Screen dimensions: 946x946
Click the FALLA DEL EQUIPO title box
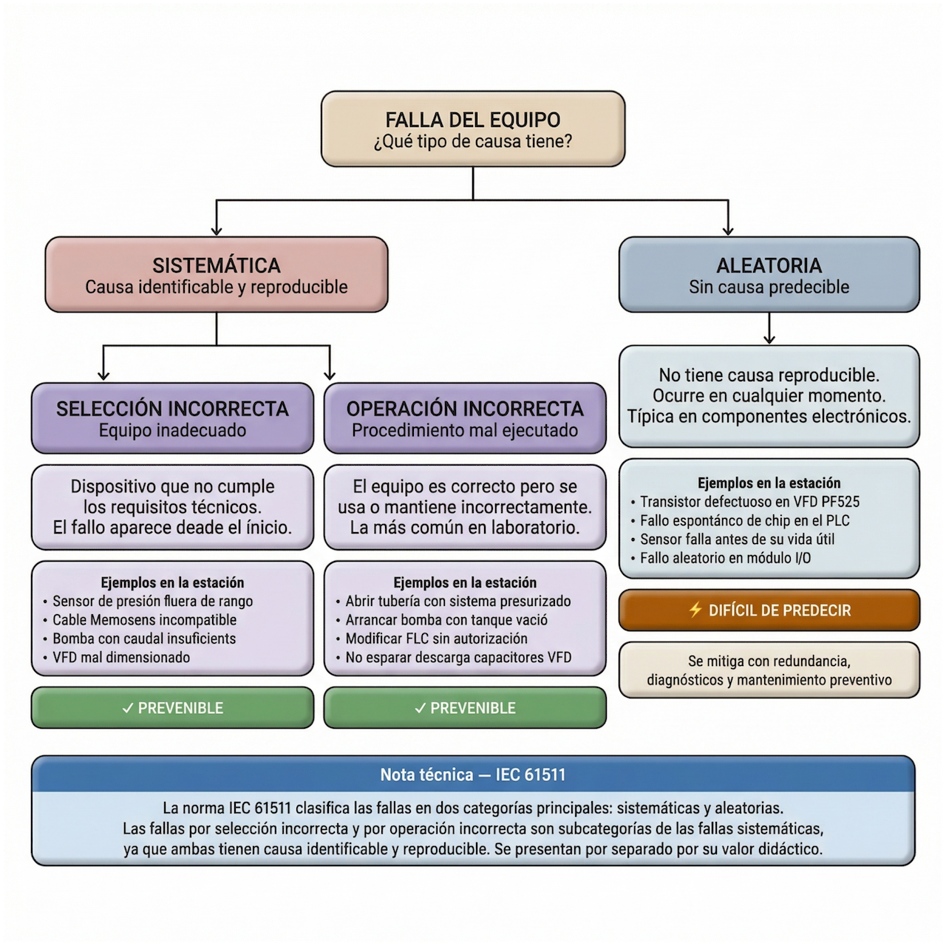tap(473, 129)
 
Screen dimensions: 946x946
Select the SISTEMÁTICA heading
tap(217, 265)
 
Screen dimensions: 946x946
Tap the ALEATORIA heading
tap(769, 265)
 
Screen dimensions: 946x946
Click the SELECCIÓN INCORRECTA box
tap(172, 418)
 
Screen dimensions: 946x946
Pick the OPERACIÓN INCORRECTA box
tap(465, 418)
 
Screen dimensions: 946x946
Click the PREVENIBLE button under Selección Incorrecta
tap(172, 708)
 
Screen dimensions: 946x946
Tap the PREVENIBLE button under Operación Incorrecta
tap(465, 708)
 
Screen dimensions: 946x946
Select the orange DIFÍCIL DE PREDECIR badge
tap(769, 610)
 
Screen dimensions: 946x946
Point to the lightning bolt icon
tap(695, 610)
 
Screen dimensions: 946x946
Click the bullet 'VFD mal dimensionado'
tap(121, 657)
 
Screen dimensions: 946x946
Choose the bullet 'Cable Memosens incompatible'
tap(145, 620)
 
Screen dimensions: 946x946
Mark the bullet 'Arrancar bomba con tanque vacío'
tap(446, 620)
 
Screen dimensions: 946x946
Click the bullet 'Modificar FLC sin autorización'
tap(437, 639)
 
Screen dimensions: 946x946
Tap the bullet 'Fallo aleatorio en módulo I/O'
tap(725, 558)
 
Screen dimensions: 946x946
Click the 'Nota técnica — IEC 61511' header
tap(473, 775)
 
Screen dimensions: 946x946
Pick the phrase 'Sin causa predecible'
tap(769, 287)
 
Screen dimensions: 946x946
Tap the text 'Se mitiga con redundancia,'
tap(769, 661)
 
